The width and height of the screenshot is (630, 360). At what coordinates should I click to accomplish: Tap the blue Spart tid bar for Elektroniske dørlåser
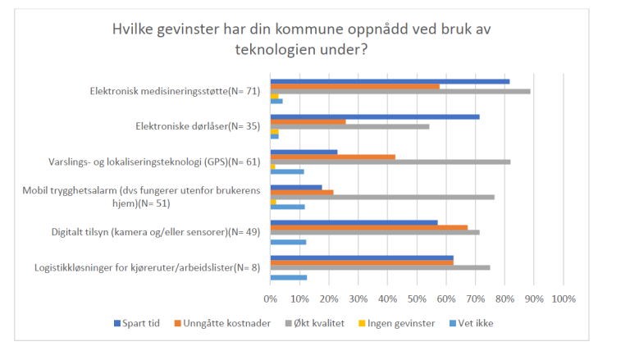[374, 116]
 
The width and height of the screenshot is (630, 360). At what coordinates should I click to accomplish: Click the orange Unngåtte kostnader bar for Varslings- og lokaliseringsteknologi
[332, 157]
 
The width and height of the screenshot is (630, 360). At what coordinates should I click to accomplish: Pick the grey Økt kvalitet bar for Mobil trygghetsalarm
[381, 197]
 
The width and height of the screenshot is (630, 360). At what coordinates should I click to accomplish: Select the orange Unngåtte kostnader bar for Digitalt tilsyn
[368, 227]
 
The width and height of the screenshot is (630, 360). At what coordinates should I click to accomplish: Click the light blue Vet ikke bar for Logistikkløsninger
[288, 277]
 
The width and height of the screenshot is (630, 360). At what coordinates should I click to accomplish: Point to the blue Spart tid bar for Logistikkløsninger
[361, 257]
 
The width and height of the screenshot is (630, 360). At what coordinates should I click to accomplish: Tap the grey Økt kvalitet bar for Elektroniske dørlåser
[349, 126]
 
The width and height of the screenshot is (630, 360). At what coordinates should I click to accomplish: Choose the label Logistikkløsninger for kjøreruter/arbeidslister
[147, 267]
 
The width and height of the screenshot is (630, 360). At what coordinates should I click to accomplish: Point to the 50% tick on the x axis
[417, 298]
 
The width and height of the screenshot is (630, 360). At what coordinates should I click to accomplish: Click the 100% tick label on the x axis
[564, 298]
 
